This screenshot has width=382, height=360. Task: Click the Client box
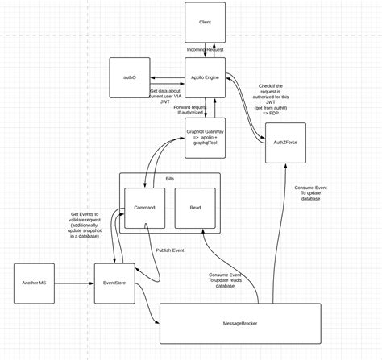pos(205,22)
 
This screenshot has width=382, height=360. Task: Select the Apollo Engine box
pos(205,77)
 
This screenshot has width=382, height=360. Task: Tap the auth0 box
pos(130,77)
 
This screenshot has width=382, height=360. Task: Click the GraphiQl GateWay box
pos(205,137)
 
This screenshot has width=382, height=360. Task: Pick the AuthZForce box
pos(285,143)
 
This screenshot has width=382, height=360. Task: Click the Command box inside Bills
pos(144,208)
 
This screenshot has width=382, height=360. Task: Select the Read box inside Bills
pos(195,208)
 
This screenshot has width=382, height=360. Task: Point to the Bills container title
pos(170,179)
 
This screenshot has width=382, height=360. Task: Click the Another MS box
pos(34,283)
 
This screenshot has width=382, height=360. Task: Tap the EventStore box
pos(114,283)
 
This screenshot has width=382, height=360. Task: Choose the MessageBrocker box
pos(239,323)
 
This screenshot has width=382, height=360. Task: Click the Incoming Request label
pos(206,49)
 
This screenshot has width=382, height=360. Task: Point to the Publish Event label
pos(169,250)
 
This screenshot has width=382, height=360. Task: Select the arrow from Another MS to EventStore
pos(74,283)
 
